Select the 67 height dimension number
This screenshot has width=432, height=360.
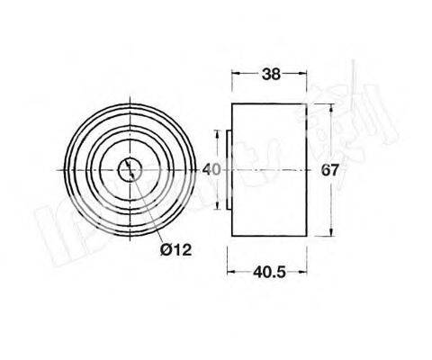tap(329, 169)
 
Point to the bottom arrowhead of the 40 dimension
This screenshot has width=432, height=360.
tap(216, 204)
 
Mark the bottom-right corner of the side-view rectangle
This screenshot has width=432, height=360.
tap(306, 236)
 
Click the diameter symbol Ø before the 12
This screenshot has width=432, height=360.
tap(167, 249)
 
